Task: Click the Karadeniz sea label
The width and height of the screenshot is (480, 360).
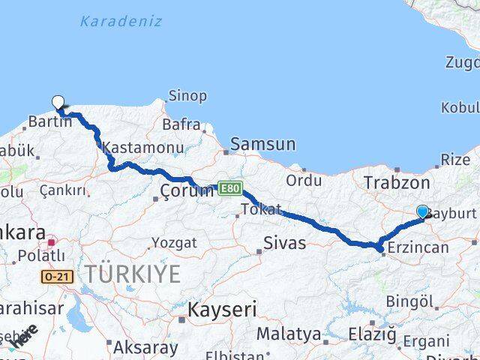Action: pos(121,21)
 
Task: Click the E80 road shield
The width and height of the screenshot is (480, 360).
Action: pos(230,187)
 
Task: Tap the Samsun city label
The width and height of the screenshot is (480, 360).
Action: pos(263,144)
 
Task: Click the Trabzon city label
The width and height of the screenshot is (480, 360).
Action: pos(396,182)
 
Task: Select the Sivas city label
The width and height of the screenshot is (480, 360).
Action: pos(285,243)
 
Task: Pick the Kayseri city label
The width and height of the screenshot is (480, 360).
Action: pos(222,309)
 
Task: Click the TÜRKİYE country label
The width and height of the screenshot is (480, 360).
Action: pos(132,274)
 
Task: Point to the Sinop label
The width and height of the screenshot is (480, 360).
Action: pos(188,96)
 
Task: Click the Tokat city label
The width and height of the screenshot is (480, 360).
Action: pos(262,209)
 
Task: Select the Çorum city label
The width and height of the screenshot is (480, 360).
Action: pos(187,190)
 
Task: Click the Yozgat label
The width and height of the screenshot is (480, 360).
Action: pos(175,242)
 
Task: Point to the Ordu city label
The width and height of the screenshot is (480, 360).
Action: pos(304,180)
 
